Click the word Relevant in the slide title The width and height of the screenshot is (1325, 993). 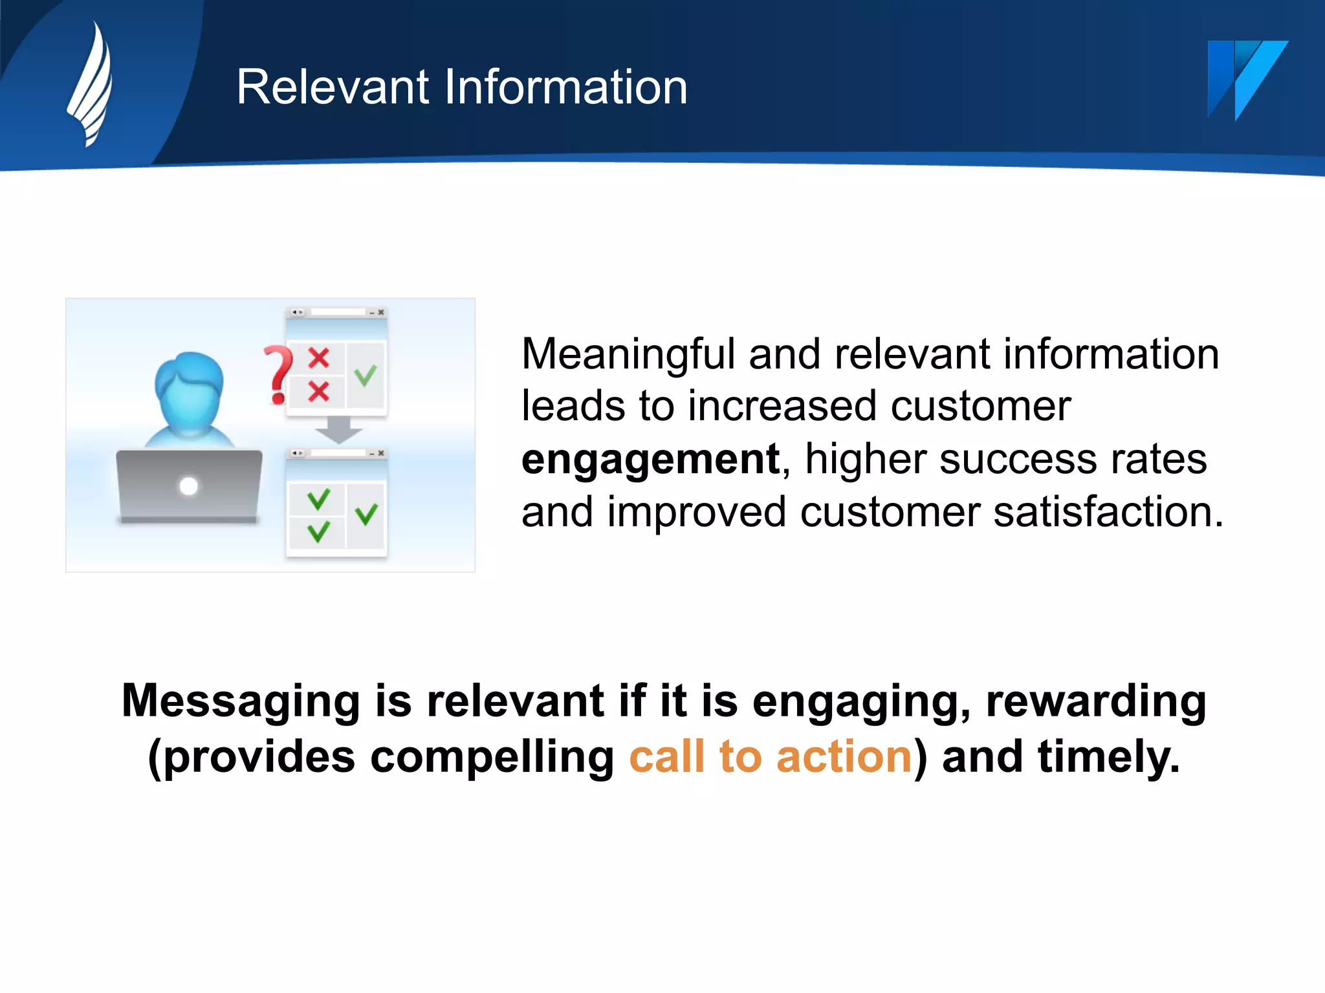333,87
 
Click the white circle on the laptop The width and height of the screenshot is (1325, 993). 189,486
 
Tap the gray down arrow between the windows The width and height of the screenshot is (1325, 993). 338,430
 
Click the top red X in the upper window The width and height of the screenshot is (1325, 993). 318,358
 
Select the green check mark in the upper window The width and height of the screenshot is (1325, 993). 366,375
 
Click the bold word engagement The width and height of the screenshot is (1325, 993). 650,460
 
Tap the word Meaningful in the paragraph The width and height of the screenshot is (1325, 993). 628,355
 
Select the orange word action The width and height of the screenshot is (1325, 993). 844,757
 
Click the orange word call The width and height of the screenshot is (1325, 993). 666,757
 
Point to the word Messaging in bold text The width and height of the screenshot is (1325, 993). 240,702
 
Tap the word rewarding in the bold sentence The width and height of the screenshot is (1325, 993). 1096,702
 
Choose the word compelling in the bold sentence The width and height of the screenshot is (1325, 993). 492,757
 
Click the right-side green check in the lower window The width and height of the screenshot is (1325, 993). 366,515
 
